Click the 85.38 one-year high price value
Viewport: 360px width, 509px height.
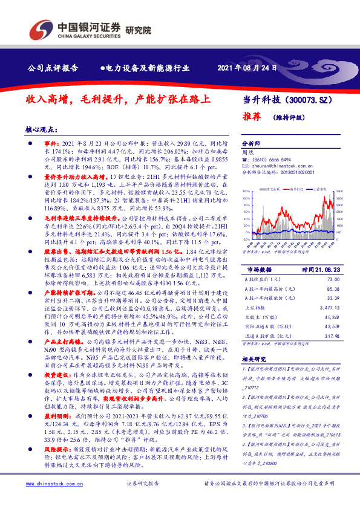click(x=333, y=289)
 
